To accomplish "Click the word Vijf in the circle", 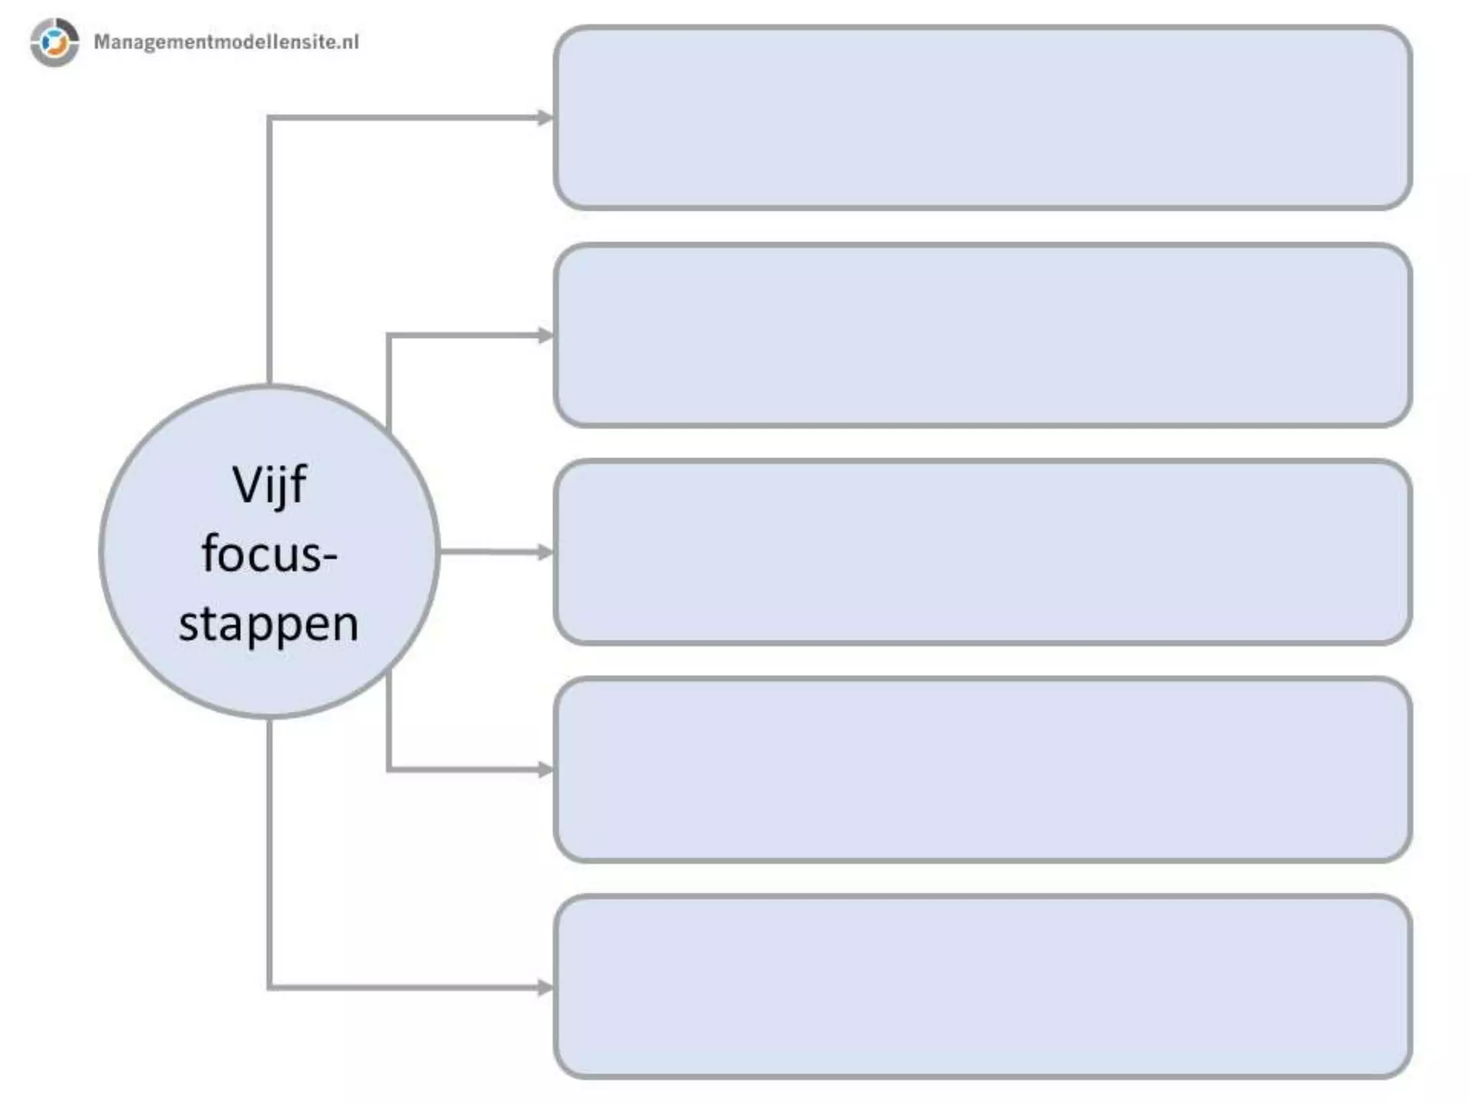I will tap(269, 486).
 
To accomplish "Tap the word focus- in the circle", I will tap(269, 554).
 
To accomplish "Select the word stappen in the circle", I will tap(268, 623).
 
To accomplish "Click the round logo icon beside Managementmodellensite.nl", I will tap(55, 42).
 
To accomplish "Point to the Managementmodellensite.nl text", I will tap(226, 42).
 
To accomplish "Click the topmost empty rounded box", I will tap(983, 118).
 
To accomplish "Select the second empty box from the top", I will tap(983, 335).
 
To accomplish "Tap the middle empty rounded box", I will tap(983, 552).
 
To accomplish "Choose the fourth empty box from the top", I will tap(983, 770).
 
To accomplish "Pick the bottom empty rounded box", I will tap(983, 987).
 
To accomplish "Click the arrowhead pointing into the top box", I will tap(546, 118).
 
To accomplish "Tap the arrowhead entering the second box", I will tap(546, 335).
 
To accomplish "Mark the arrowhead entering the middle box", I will tap(546, 552).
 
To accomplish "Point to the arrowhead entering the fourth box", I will tap(546, 770).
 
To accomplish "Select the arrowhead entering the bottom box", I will tap(546, 987).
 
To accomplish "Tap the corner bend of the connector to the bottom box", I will tap(270, 987).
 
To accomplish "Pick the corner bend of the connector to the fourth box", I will tap(389, 770).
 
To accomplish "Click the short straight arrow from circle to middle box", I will tap(492, 552).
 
